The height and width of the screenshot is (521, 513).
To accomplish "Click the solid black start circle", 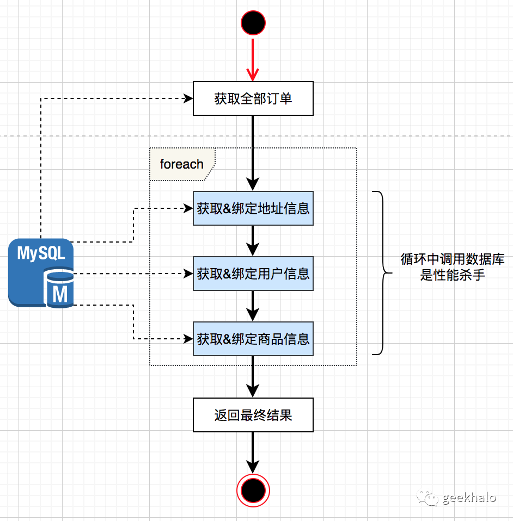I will (253, 23).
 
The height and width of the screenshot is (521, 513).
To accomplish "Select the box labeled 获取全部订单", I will (253, 98).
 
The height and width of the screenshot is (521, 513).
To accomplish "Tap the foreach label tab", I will (182, 164).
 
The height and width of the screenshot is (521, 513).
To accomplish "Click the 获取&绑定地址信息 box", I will (253, 208).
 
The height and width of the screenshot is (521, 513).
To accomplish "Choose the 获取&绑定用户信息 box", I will (253, 274).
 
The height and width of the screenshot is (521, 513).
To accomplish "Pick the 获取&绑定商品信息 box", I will (253, 339).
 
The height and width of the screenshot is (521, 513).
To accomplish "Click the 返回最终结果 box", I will (253, 415).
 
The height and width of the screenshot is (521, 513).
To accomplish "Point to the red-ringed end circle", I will (253, 491).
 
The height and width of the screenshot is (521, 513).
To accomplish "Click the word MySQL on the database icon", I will (41, 253).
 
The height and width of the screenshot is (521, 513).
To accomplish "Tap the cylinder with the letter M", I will (60, 289).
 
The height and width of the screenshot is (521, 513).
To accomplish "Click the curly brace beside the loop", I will (381, 273).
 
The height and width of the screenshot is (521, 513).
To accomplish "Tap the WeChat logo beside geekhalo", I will (426, 497).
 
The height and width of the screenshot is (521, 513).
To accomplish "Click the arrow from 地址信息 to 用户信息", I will (253, 240).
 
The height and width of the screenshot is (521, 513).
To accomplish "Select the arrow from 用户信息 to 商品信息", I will (253, 306).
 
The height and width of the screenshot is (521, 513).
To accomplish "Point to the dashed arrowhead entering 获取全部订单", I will (188, 98).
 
